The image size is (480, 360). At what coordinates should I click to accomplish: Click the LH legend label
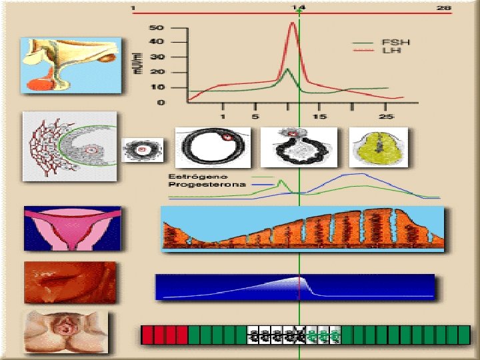point(396,51)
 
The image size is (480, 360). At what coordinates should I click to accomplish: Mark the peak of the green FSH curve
point(287,69)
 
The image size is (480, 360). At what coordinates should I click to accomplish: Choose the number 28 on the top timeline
point(443,7)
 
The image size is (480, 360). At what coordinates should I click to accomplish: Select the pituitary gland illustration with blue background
point(74,65)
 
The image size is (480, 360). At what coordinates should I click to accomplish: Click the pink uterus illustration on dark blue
point(72,229)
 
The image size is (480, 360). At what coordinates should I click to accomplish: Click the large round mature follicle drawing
point(213,147)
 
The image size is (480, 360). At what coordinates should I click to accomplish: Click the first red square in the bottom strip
point(147,334)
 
